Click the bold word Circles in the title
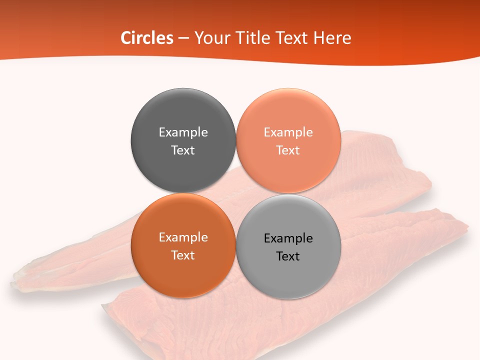(146, 38)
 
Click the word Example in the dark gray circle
(183, 132)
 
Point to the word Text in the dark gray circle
(183, 150)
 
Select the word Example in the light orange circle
(288, 132)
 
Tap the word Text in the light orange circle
(288, 150)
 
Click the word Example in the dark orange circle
(183, 237)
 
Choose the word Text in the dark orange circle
(183, 255)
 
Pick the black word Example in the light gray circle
(288, 238)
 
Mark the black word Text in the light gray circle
(288, 256)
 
